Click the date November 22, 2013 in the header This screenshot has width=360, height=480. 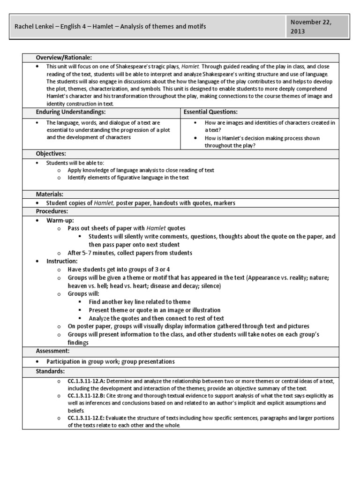pos(317,27)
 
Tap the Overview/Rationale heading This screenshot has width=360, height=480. pos(64,58)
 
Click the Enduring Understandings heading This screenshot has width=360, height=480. pos(71,112)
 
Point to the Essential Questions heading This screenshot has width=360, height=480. pos(210,112)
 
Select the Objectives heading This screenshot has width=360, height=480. pos(51,153)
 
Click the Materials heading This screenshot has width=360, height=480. pos(50,194)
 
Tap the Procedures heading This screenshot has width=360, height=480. pos(52,211)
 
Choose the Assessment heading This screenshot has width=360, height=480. pos(53,350)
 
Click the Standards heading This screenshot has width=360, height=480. pos(51,371)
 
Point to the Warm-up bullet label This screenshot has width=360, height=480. pos(60,220)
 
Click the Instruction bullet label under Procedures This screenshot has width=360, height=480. pos(62,261)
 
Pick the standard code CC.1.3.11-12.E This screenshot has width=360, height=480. pos(89,418)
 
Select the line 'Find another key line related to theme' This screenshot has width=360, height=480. pos(139,302)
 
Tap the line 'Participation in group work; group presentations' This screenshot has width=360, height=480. pos(110,361)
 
